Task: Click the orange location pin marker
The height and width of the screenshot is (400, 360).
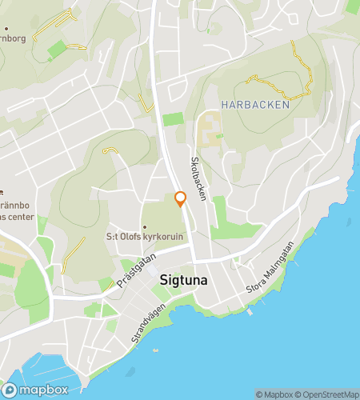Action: pos(180,198)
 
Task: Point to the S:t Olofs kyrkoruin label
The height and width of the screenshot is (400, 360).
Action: pos(146,237)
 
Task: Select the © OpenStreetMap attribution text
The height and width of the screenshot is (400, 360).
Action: pos(328,394)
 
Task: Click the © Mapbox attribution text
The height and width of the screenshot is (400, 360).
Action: pos(274,394)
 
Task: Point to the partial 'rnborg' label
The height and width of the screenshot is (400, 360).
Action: pos(13,37)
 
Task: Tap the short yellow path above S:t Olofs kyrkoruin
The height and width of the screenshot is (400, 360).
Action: pos(110,150)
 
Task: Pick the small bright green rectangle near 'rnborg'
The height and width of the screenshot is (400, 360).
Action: pos(56,50)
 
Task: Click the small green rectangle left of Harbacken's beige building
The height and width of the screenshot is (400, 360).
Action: pos(173,119)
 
